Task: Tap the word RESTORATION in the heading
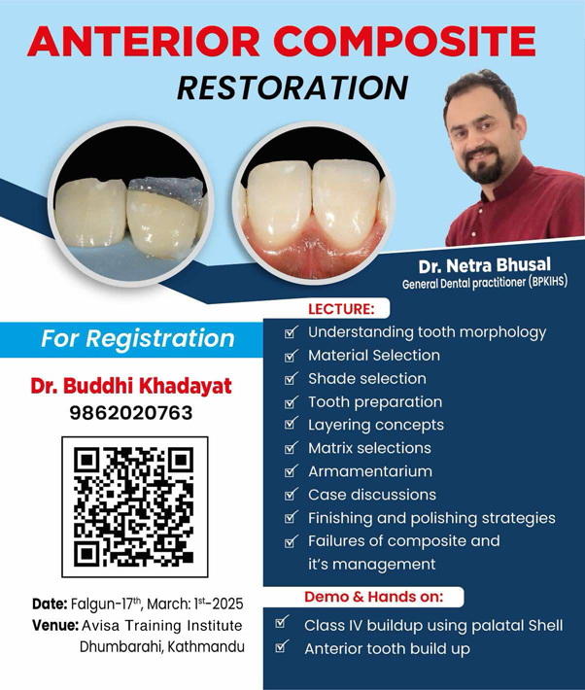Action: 292,88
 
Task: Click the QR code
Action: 134,506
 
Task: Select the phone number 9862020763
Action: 131,413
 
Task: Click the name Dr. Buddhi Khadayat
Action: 131,386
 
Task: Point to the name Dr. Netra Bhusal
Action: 484,265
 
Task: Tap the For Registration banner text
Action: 137,338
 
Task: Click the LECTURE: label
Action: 341,308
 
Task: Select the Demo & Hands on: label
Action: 374,597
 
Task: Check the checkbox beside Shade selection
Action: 291,378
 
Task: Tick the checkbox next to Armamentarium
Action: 291,471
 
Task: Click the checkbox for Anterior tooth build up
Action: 282,646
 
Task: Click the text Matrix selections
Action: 369,448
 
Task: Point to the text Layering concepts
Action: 376,425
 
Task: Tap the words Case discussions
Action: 372,495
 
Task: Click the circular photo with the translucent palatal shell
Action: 131,203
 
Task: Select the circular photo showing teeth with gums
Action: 314,202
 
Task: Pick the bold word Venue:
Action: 55,625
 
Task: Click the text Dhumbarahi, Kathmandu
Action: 162,647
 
